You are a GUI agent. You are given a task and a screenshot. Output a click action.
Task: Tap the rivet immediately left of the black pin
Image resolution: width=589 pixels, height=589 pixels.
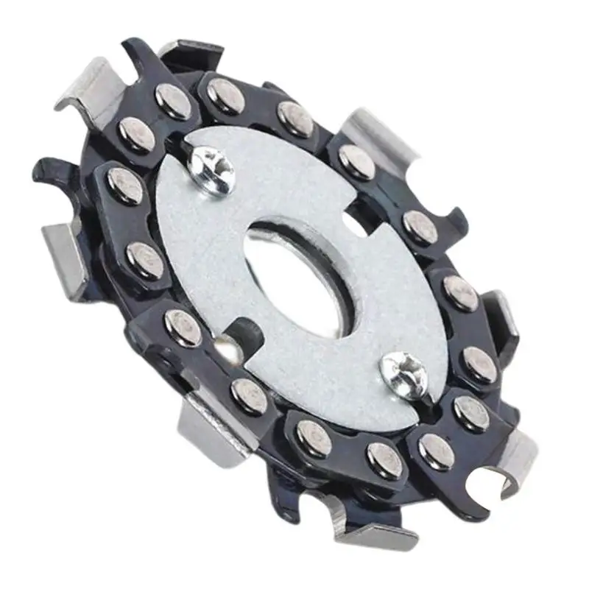[183, 328]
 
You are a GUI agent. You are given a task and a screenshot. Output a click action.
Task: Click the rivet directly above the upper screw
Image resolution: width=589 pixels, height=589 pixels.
[225, 95]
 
